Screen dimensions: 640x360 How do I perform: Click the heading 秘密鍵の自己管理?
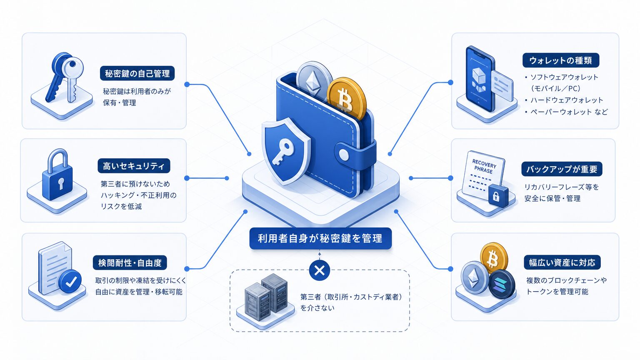(x=137, y=73)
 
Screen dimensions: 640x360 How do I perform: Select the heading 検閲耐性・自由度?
(x=130, y=262)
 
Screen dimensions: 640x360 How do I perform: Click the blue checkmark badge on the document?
(x=70, y=281)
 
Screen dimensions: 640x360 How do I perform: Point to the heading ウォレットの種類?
(x=560, y=60)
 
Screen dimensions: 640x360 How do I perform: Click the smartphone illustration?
(x=480, y=79)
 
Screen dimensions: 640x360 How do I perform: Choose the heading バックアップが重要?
(x=562, y=169)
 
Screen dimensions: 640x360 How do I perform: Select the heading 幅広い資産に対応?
(x=562, y=262)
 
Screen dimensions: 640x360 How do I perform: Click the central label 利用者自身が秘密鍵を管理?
(x=320, y=238)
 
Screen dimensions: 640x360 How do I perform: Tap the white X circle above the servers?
(x=320, y=270)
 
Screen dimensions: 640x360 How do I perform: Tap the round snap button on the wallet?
(x=343, y=155)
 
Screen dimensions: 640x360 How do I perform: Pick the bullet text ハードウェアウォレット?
(x=567, y=100)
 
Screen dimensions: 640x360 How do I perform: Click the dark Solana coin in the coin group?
(x=501, y=284)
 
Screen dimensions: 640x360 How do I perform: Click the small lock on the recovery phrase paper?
(x=498, y=195)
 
